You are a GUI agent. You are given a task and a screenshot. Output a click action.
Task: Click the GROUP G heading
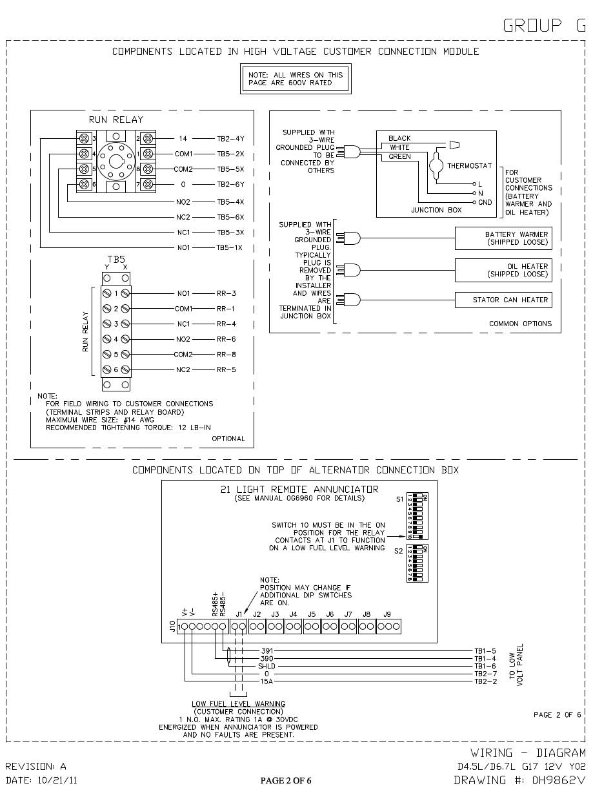tap(545, 25)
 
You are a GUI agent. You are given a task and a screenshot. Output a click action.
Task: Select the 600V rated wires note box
tap(296, 79)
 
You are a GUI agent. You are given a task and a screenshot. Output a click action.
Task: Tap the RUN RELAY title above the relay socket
tap(116, 119)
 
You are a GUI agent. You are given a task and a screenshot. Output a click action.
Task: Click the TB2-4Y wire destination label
tap(230, 139)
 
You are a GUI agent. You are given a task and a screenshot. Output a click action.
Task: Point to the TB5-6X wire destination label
tap(230, 217)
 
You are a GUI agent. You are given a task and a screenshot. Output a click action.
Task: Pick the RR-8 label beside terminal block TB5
tap(226, 355)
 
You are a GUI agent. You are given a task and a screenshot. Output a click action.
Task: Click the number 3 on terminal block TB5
tap(116, 324)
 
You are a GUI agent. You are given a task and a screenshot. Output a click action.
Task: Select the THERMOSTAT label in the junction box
tap(469, 166)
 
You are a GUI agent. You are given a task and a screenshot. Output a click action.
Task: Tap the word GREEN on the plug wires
tap(400, 157)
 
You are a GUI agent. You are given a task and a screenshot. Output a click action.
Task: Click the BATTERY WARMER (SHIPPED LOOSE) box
tap(503, 238)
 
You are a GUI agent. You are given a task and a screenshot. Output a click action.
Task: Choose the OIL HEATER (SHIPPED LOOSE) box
tap(503, 270)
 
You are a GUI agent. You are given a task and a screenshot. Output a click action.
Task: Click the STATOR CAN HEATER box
tap(503, 300)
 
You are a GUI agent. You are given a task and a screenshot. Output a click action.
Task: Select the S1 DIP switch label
tap(399, 499)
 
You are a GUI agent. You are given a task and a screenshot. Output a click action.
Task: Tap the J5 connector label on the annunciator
tap(312, 614)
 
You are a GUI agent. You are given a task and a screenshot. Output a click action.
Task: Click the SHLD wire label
tap(266, 666)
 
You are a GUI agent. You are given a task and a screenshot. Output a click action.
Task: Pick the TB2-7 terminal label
tap(485, 674)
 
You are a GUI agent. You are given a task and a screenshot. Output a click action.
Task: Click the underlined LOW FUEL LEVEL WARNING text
tap(238, 703)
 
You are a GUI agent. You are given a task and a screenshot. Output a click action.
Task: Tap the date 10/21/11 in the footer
tap(57, 780)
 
